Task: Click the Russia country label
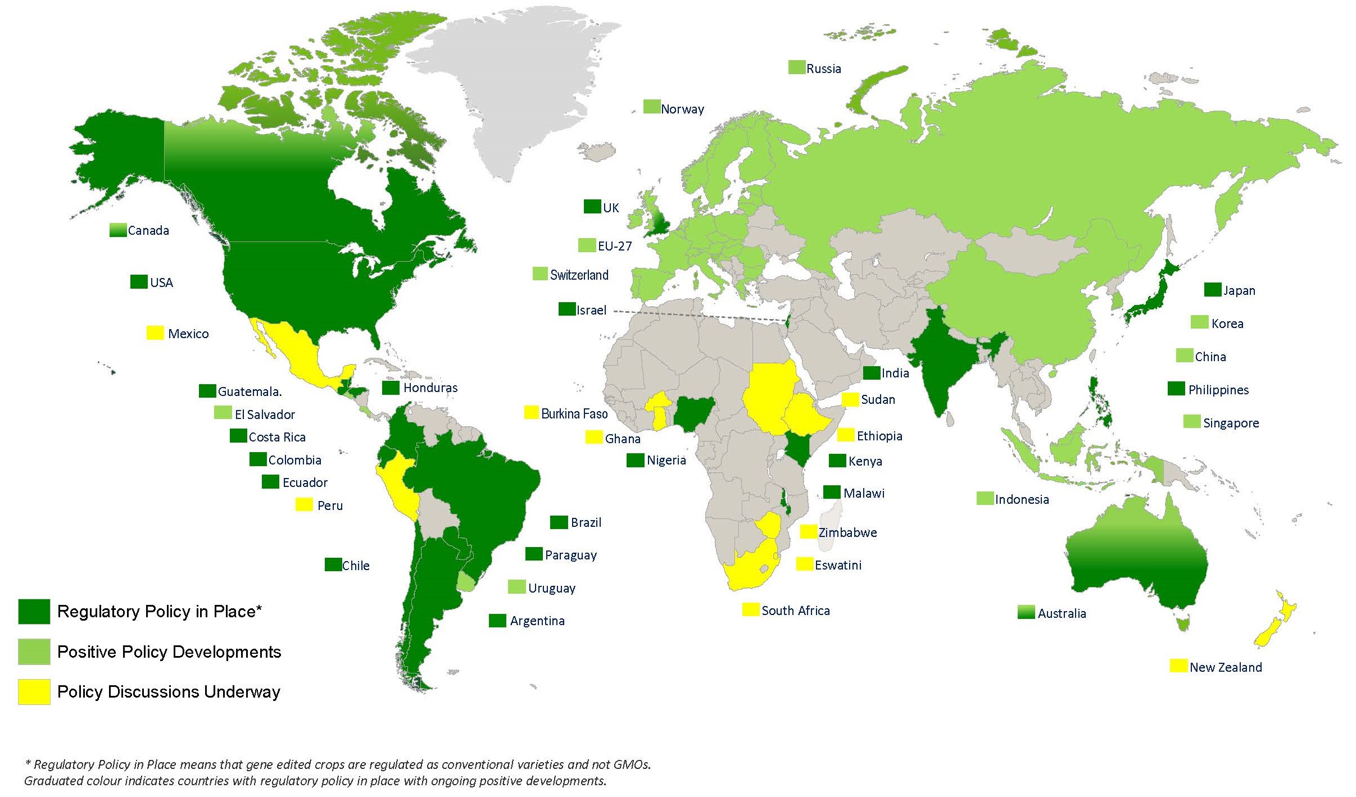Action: point(823,69)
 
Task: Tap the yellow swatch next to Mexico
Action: point(155,333)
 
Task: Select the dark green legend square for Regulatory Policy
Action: point(34,612)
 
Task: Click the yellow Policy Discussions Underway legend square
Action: point(34,692)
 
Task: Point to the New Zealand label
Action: point(1226,667)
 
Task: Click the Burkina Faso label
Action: point(574,414)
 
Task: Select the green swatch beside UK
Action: point(592,207)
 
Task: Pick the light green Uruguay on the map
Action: point(466,581)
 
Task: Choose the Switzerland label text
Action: point(579,275)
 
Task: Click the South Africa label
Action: point(795,611)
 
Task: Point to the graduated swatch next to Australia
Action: point(1026,612)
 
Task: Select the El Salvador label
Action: point(265,415)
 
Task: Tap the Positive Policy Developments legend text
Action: point(169,652)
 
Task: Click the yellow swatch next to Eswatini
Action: point(805,564)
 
